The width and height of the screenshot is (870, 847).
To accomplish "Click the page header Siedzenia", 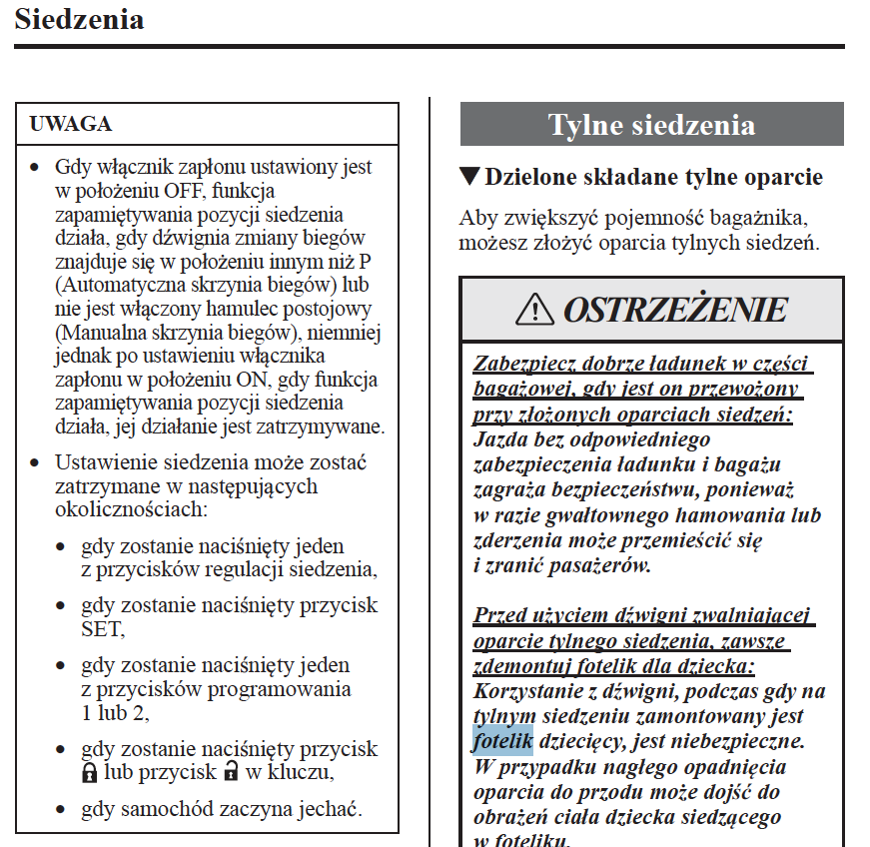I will (x=79, y=19).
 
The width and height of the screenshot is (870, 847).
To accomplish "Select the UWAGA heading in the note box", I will (x=71, y=124).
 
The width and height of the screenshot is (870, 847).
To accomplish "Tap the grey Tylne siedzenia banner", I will (x=651, y=125).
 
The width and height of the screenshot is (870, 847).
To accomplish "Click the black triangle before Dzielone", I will (x=469, y=177).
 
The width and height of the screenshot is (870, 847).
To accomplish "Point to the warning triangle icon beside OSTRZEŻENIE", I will (x=535, y=310).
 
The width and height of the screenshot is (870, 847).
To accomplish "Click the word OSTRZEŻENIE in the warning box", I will (x=675, y=310).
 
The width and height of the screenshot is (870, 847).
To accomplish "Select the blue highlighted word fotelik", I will (x=502, y=742).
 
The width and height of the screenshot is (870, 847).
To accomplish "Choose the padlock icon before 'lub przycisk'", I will (x=90, y=772).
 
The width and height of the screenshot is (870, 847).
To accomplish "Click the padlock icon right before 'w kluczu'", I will (x=231, y=772).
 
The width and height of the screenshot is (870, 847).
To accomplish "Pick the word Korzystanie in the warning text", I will (x=529, y=691).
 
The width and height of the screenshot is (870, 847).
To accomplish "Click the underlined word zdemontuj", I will (x=517, y=666).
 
